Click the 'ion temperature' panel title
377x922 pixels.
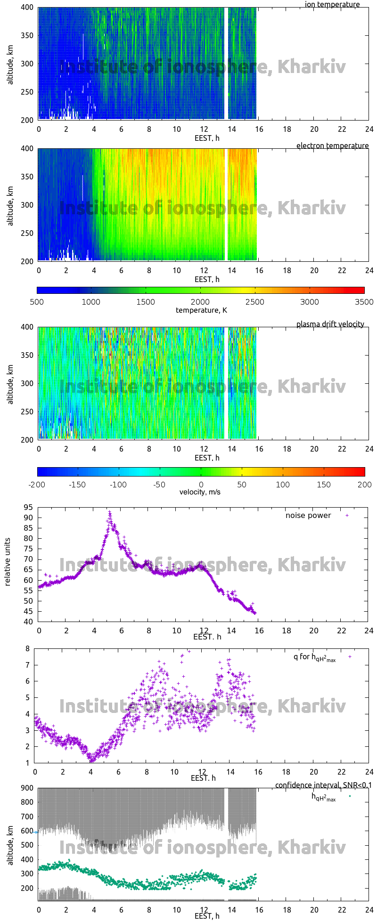(x=332, y=5)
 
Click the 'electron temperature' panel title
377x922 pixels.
(x=332, y=146)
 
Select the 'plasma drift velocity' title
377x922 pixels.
(x=330, y=324)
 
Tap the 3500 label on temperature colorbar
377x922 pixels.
(x=364, y=302)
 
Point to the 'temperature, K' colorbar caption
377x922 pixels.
(x=201, y=310)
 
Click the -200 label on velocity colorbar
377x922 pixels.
(x=37, y=484)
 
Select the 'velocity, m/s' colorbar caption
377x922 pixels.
(x=200, y=492)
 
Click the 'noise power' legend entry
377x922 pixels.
(x=308, y=515)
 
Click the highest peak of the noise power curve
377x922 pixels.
(x=109, y=511)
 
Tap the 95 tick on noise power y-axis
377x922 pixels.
(x=28, y=507)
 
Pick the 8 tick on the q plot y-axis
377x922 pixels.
(x=28, y=648)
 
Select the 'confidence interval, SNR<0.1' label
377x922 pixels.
(x=323, y=785)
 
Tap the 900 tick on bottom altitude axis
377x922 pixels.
(x=28, y=788)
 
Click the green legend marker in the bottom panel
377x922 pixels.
(x=350, y=796)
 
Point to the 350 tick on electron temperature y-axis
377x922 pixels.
(x=28, y=177)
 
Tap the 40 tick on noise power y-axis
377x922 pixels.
(x=28, y=622)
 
